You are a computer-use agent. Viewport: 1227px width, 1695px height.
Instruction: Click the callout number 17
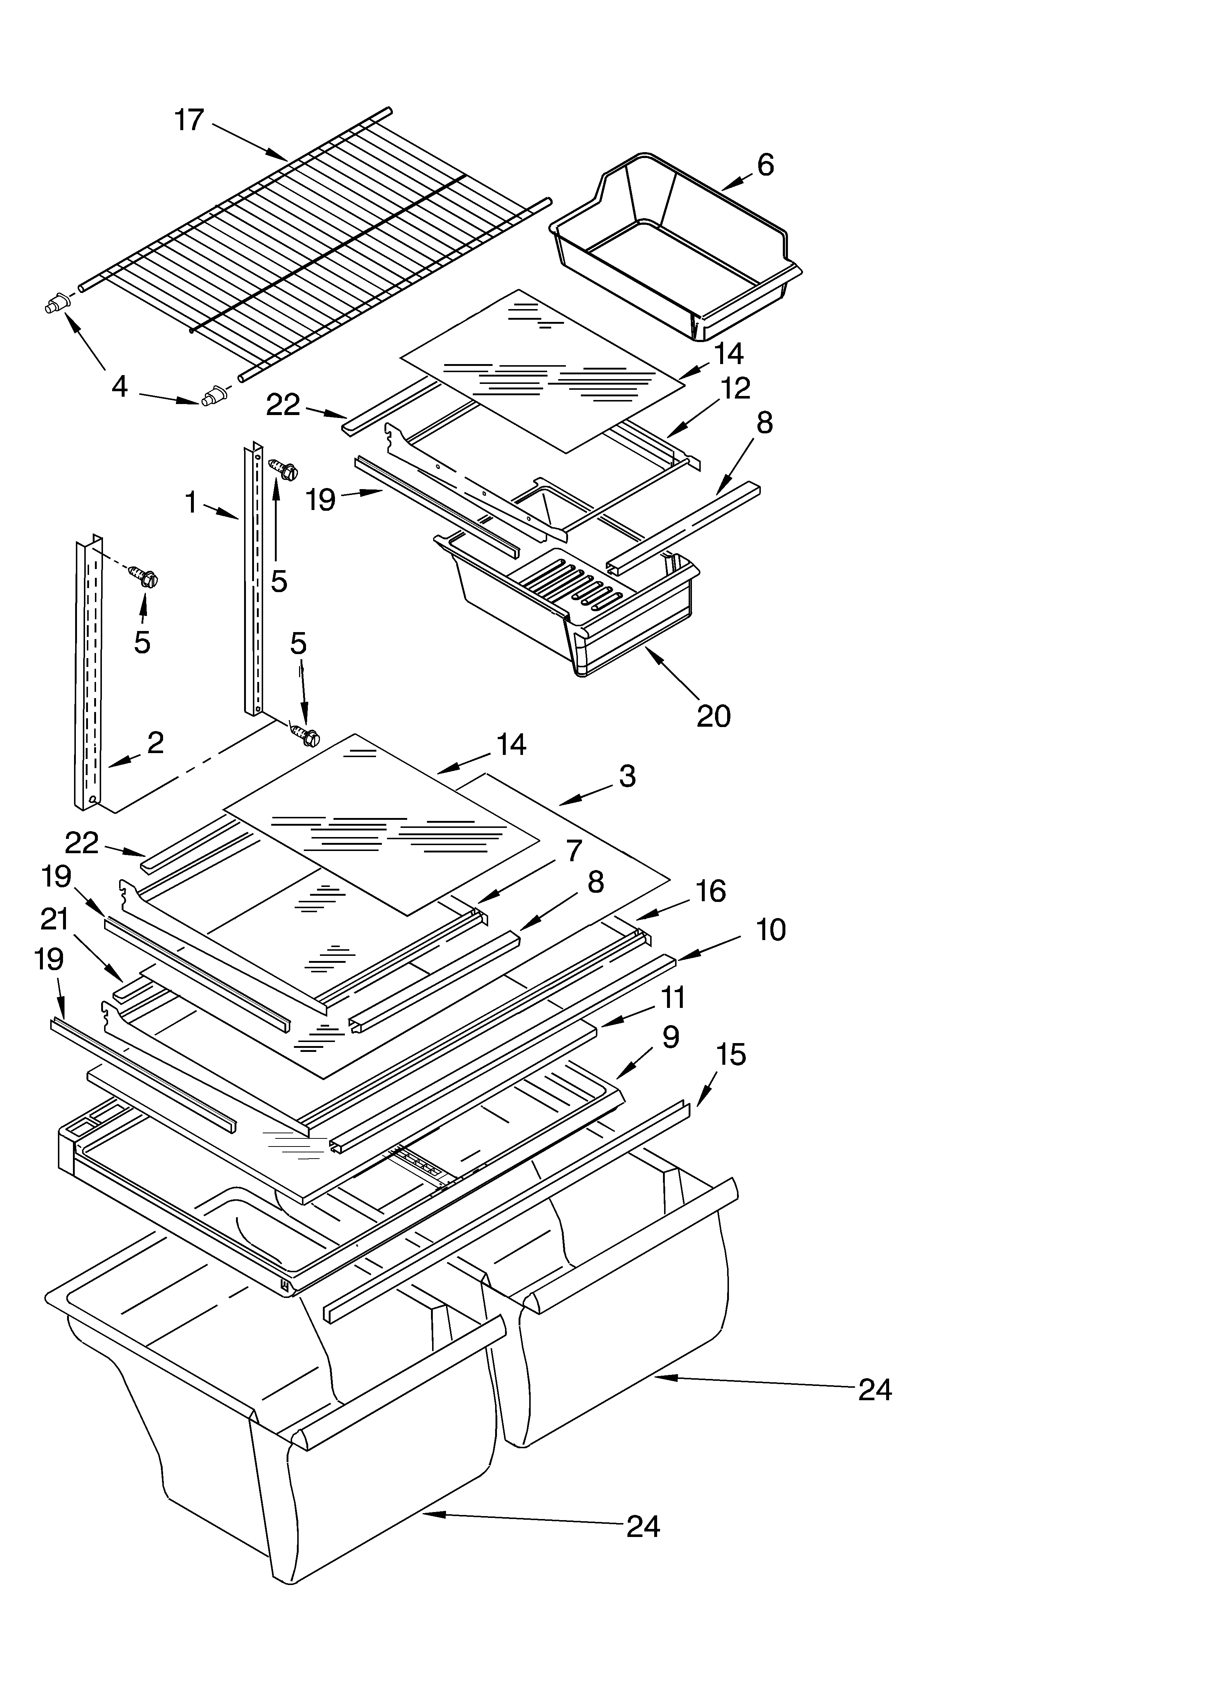click(189, 120)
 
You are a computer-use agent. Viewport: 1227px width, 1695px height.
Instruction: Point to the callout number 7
click(573, 851)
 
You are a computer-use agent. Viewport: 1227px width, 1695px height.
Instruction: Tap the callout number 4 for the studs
click(119, 386)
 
